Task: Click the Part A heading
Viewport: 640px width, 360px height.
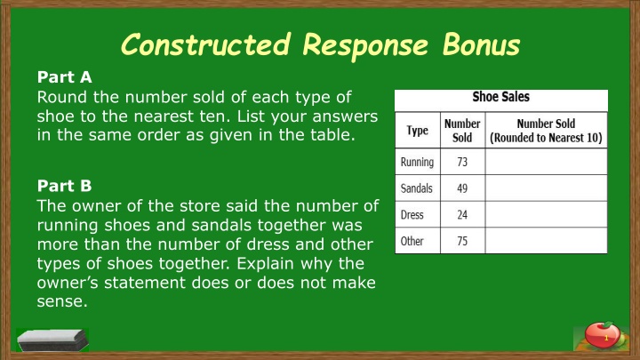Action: tap(65, 77)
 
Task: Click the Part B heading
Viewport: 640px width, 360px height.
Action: tap(65, 186)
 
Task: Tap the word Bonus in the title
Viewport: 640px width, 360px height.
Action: tap(482, 44)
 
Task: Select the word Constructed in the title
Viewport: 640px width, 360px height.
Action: tap(206, 44)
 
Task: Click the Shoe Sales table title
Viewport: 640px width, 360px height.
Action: tap(500, 97)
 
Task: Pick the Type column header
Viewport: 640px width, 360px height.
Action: tap(417, 131)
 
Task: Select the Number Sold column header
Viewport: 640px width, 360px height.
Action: tap(462, 131)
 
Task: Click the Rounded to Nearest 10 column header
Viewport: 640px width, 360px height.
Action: tap(546, 131)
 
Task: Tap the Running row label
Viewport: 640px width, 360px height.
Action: tap(417, 162)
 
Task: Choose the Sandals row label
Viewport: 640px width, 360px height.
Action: tap(416, 188)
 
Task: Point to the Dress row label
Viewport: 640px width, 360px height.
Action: tap(412, 215)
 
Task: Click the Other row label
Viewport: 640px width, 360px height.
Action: tap(412, 241)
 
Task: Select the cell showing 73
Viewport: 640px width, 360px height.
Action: tap(462, 162)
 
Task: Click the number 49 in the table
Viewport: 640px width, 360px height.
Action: tap(462, 188)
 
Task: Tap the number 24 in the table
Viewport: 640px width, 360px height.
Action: tap(462, 215)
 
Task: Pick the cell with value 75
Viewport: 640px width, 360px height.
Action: tap(462, 241)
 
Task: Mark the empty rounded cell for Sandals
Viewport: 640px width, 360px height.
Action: tap(546, 188)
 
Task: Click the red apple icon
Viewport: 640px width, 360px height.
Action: tap(603, 335)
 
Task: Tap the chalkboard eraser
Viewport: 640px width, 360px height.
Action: tap(52, 340)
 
